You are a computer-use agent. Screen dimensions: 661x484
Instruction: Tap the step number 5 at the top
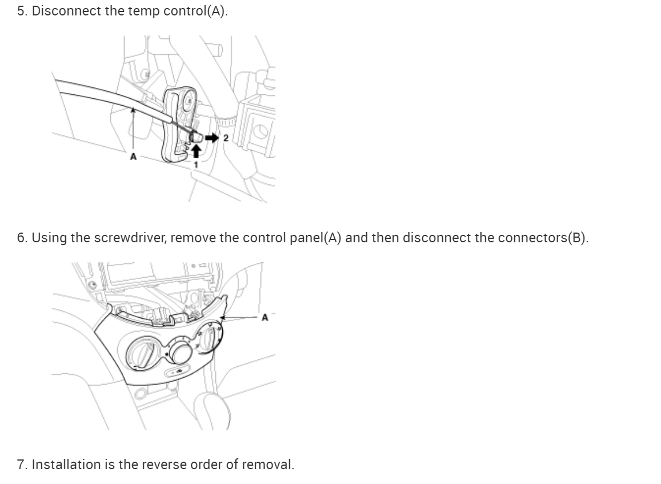point(21,11)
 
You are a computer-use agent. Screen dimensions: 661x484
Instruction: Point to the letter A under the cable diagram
point(133,155)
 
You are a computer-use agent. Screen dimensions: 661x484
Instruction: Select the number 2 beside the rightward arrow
point(226,138)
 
